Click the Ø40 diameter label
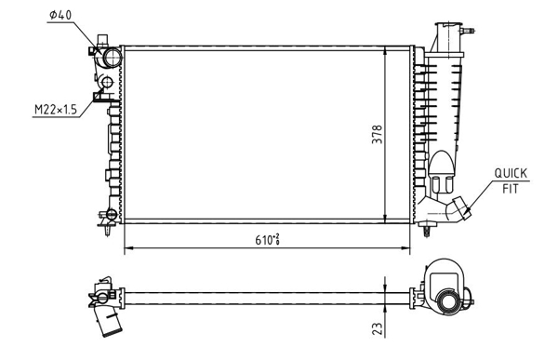[60, 15]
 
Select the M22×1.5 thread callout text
[56, 110]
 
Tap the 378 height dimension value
[377, 134]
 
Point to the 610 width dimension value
[267, 240]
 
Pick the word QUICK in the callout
[511, 173]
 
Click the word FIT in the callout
[511, 188]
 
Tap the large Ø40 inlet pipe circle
[113, 58]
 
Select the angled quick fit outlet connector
[459, 209]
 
